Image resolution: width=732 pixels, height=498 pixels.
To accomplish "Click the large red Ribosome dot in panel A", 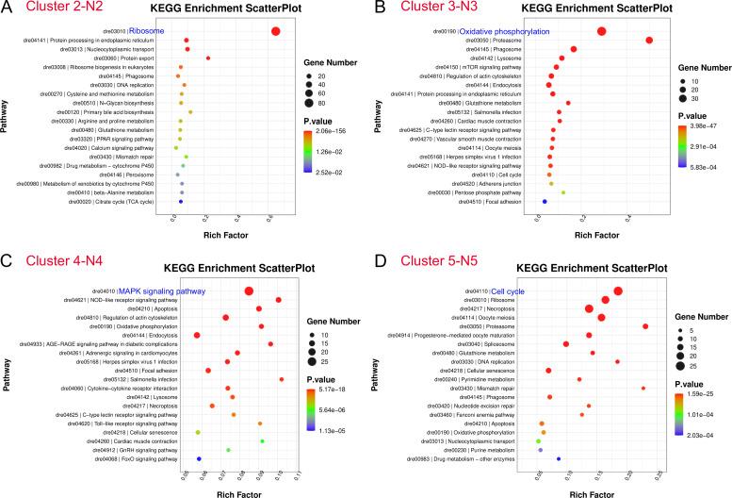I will click(x=276, y=31).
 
